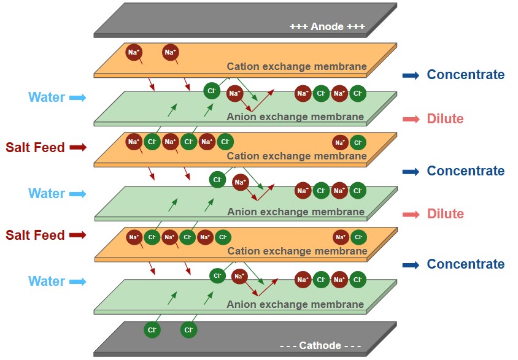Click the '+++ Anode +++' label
pyautogui.click(x=327, y=26)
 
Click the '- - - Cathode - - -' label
pyautogui.click(x=320, y=345)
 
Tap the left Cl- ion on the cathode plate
pyautogui.click(x=152, y=330)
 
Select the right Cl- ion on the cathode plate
pyautogui.click(x=188, y=330)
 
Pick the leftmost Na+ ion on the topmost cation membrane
pyautogui.click(x=134, y=53)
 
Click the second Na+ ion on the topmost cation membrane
pyautogui.click(x=171, y=53)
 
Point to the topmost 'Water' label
pyautogui.click(x=47, y=97)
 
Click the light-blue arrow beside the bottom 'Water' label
pyautogui.click(x=77, y=281)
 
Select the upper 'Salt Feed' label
pyautogui.click(x=35, y=147)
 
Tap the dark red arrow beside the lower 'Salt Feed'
pyautogui.click(x=77, y=235)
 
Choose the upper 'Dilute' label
pyautogui.click(x=445, y=118)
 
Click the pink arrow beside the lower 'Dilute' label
pyautogui.click(x=411, y=214)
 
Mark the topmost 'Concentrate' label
pyautogui.click(x=466, y=75)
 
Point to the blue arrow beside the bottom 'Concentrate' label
pyautogui.click(x=411, y=265)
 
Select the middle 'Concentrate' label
pyautogui.click(x=466, y=170)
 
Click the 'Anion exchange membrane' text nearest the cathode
pyautogui.click(x=295, y=304)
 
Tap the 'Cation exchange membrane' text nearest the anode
pyautogui.click(x=296, y=66)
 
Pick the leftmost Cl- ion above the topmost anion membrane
pyautogui.click(x=212, y=91)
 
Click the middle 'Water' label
pyautogui.click(x=47, y=193)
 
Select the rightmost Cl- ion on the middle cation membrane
pyautogui.click(x=358, y=143)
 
